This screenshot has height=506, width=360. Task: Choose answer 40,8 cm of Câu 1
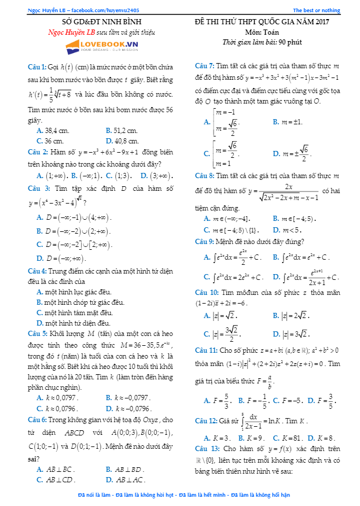[x=122, y=141]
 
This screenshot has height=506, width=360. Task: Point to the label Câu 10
[x=207, y=293]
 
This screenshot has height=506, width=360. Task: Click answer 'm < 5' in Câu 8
[x=289, y=229]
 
